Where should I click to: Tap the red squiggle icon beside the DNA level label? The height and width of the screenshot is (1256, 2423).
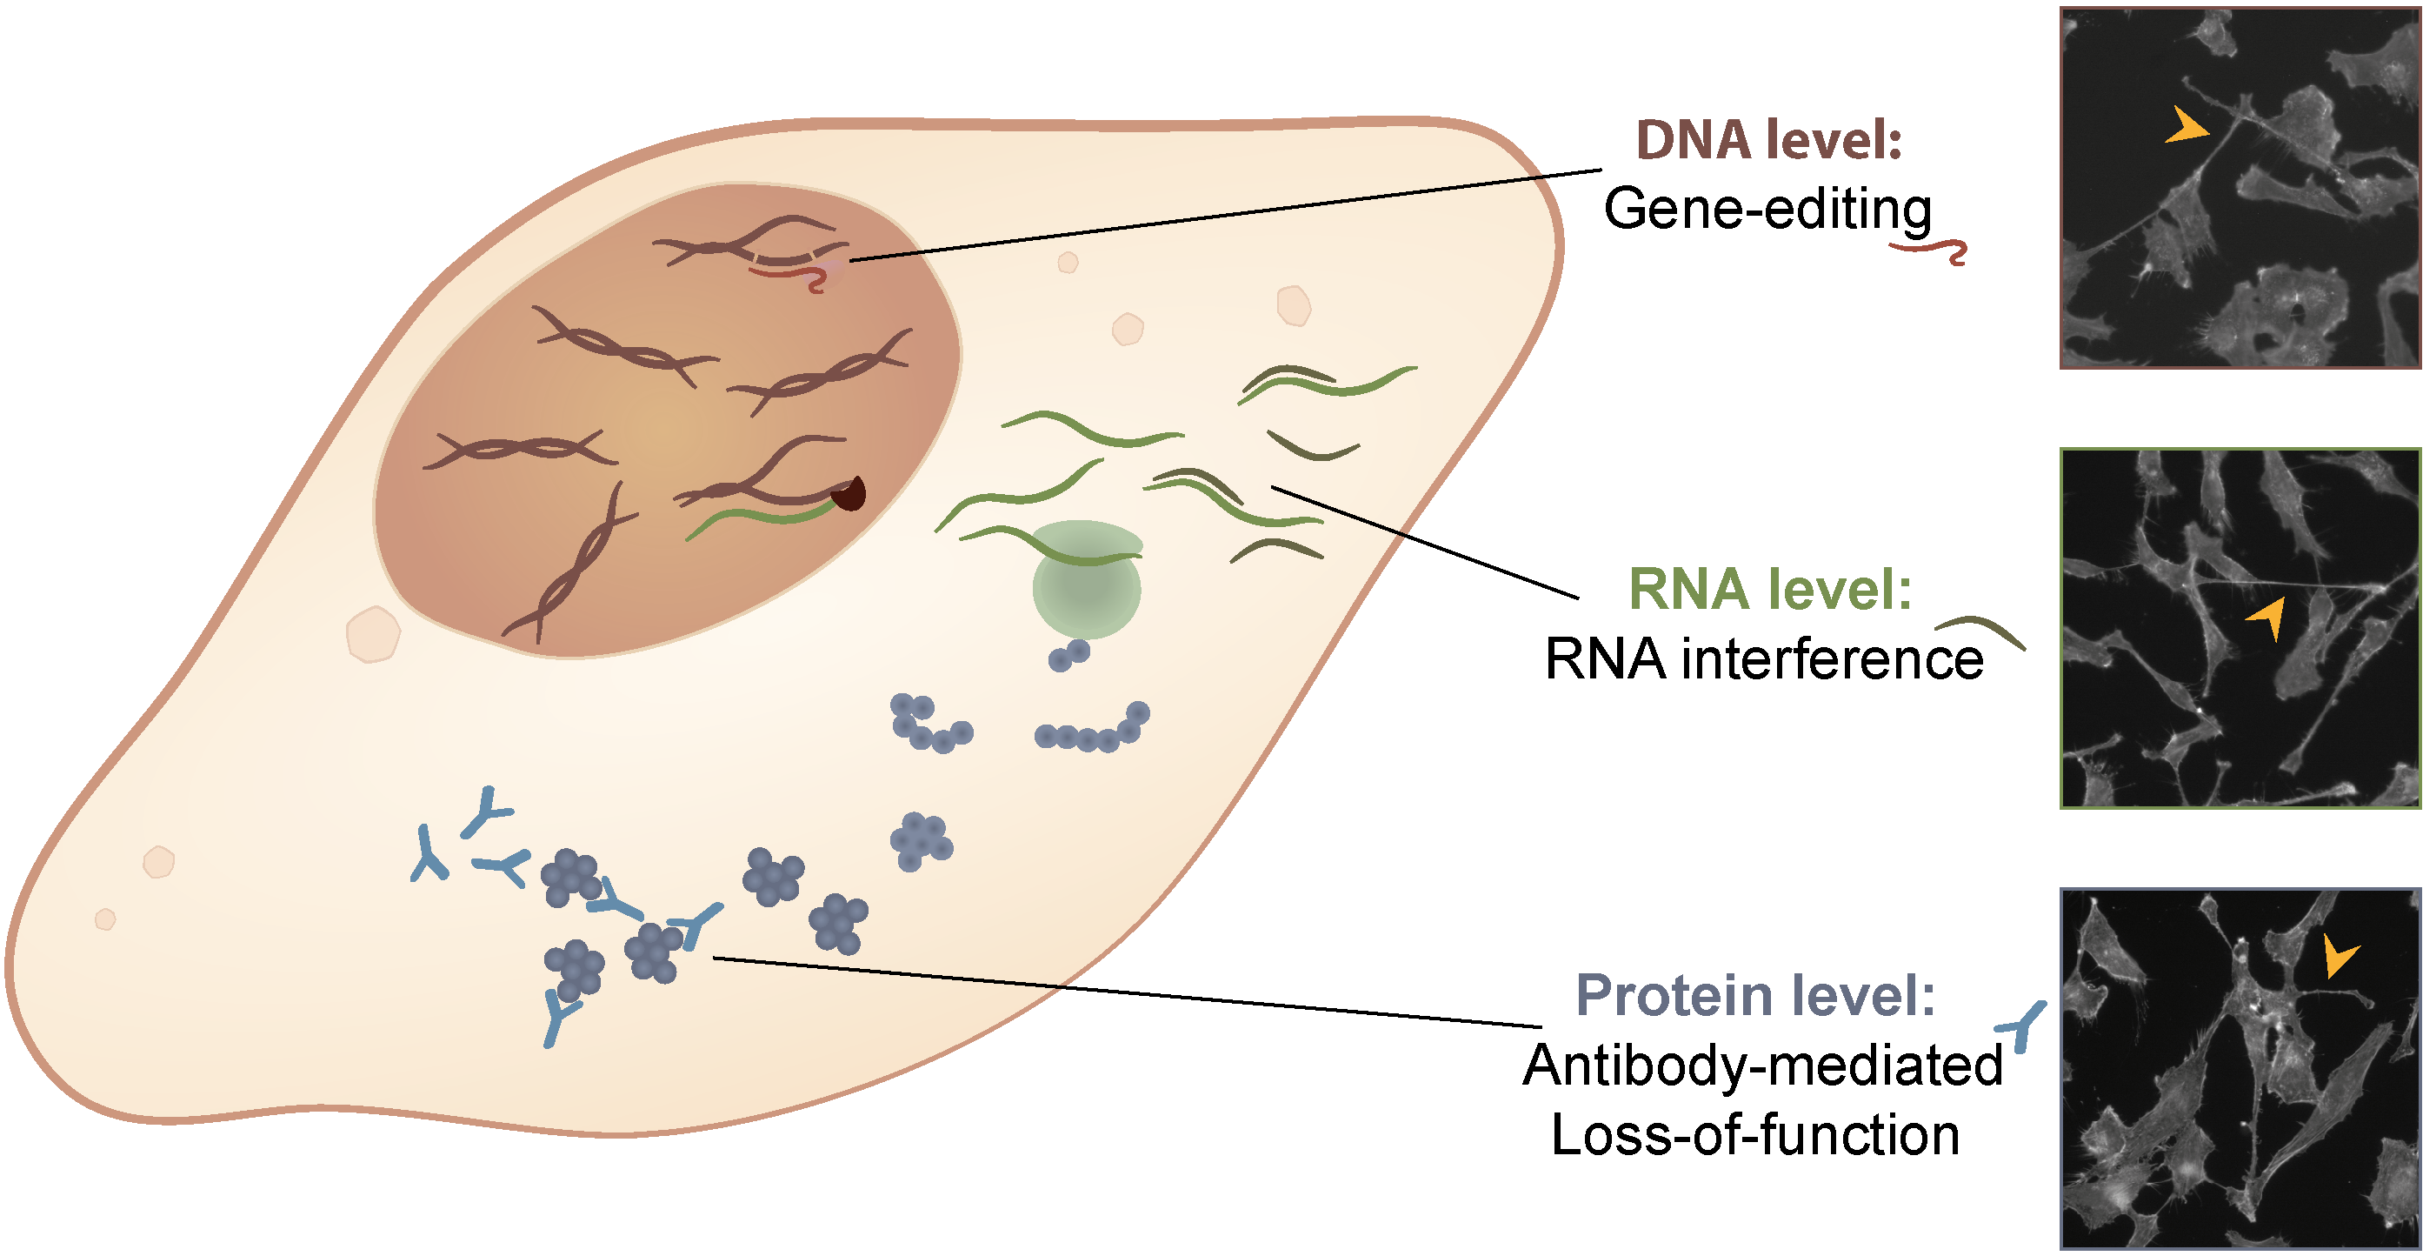tap(1929, 251)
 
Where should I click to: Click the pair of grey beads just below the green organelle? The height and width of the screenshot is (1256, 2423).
tap(1069, 655)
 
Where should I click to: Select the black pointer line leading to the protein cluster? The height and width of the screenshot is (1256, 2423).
tap(889, 972)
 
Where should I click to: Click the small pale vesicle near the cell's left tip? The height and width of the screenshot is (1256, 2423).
tap(105, 919)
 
